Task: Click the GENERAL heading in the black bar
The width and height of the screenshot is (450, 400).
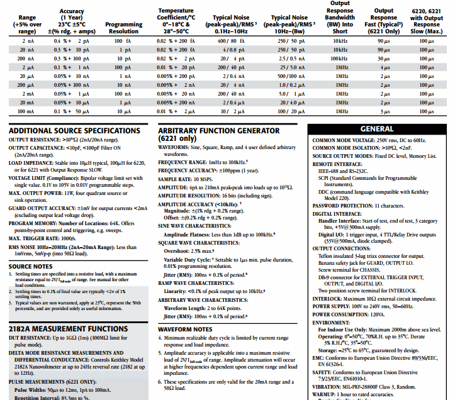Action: (378, 128)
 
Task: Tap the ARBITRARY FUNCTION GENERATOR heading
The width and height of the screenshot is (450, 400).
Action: (227, 131)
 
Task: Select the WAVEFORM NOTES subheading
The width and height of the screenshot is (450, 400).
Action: (185, 328)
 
